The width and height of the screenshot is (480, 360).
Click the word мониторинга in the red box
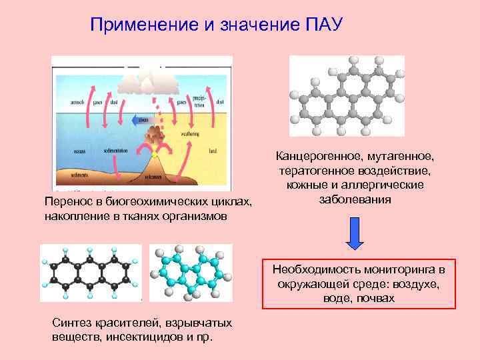400,270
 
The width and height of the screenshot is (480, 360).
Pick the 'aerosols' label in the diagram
69,103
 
